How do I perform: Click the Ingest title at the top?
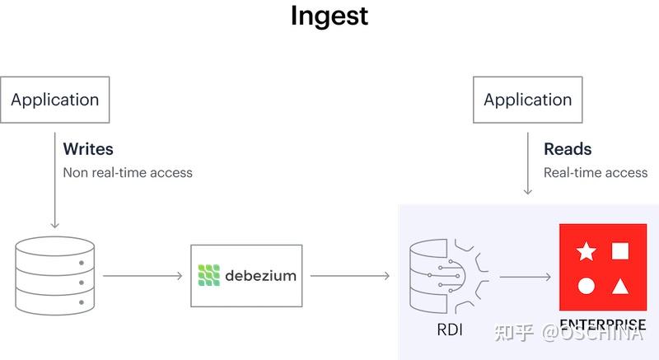(329, 16)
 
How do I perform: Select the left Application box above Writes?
(55, 100)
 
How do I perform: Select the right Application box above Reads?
(527, 100)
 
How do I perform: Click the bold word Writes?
(88, 150)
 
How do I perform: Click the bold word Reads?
(568, 150)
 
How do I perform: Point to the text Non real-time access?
(128, 172)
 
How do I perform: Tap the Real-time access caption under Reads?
(596, 172)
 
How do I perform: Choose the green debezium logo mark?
(210, 275)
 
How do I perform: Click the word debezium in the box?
(259, 275)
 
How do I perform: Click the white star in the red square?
(587, 251)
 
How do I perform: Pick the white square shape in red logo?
(621, 251)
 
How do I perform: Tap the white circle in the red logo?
(586, 287)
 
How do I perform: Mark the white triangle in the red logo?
(621, 287)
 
